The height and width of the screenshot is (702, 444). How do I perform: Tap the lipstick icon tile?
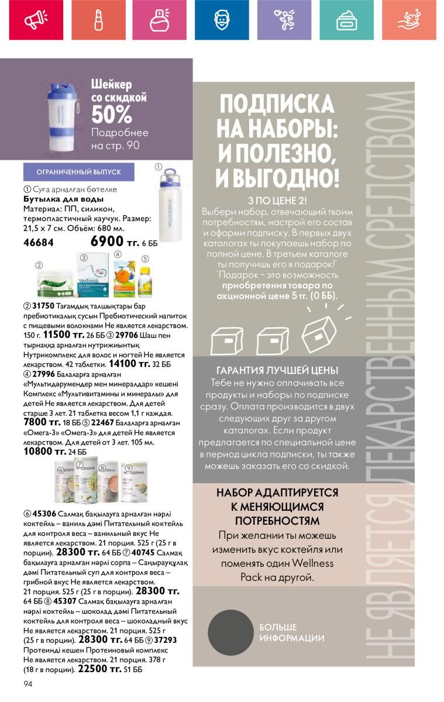(98, 20)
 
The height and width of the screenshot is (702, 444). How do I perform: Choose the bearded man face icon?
(221, 20)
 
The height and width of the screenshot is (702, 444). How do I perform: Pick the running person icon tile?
(284, 20)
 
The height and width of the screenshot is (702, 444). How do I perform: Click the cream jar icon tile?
(346, 20)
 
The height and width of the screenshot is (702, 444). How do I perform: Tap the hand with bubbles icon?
(409, 20)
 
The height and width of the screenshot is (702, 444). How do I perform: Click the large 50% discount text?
(112, 115)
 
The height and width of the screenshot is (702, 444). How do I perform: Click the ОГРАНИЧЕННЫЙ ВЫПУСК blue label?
(78, 172)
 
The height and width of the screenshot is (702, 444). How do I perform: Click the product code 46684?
(39, 242)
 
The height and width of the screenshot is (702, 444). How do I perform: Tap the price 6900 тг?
(115, 242)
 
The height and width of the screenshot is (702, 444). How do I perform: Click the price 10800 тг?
(44, 451)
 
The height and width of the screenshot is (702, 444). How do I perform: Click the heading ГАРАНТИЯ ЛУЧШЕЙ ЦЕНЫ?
(277, 370)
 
